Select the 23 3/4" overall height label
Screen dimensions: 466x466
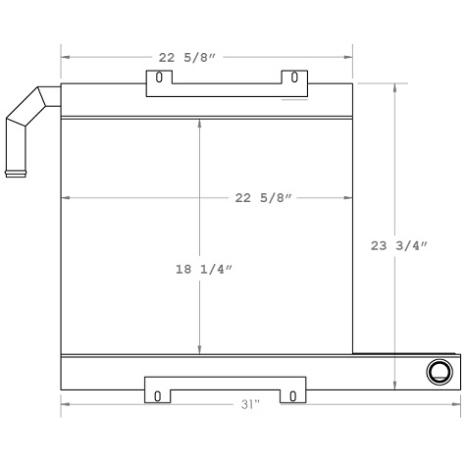click(x=398, y=247)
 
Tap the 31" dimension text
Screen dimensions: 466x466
click(x=250, y=404)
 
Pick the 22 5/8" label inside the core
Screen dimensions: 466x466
click(x=265, y=198)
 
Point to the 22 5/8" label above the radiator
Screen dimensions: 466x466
click(x=189, y=57)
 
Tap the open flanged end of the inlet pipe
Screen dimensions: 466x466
click(x=16, y=175)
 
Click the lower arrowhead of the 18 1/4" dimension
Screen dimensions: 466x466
click(x=200, y=350)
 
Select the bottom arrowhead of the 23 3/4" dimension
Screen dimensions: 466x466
click(x=395, y=386)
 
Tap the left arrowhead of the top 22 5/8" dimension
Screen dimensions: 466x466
click(x=66, y=57)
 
